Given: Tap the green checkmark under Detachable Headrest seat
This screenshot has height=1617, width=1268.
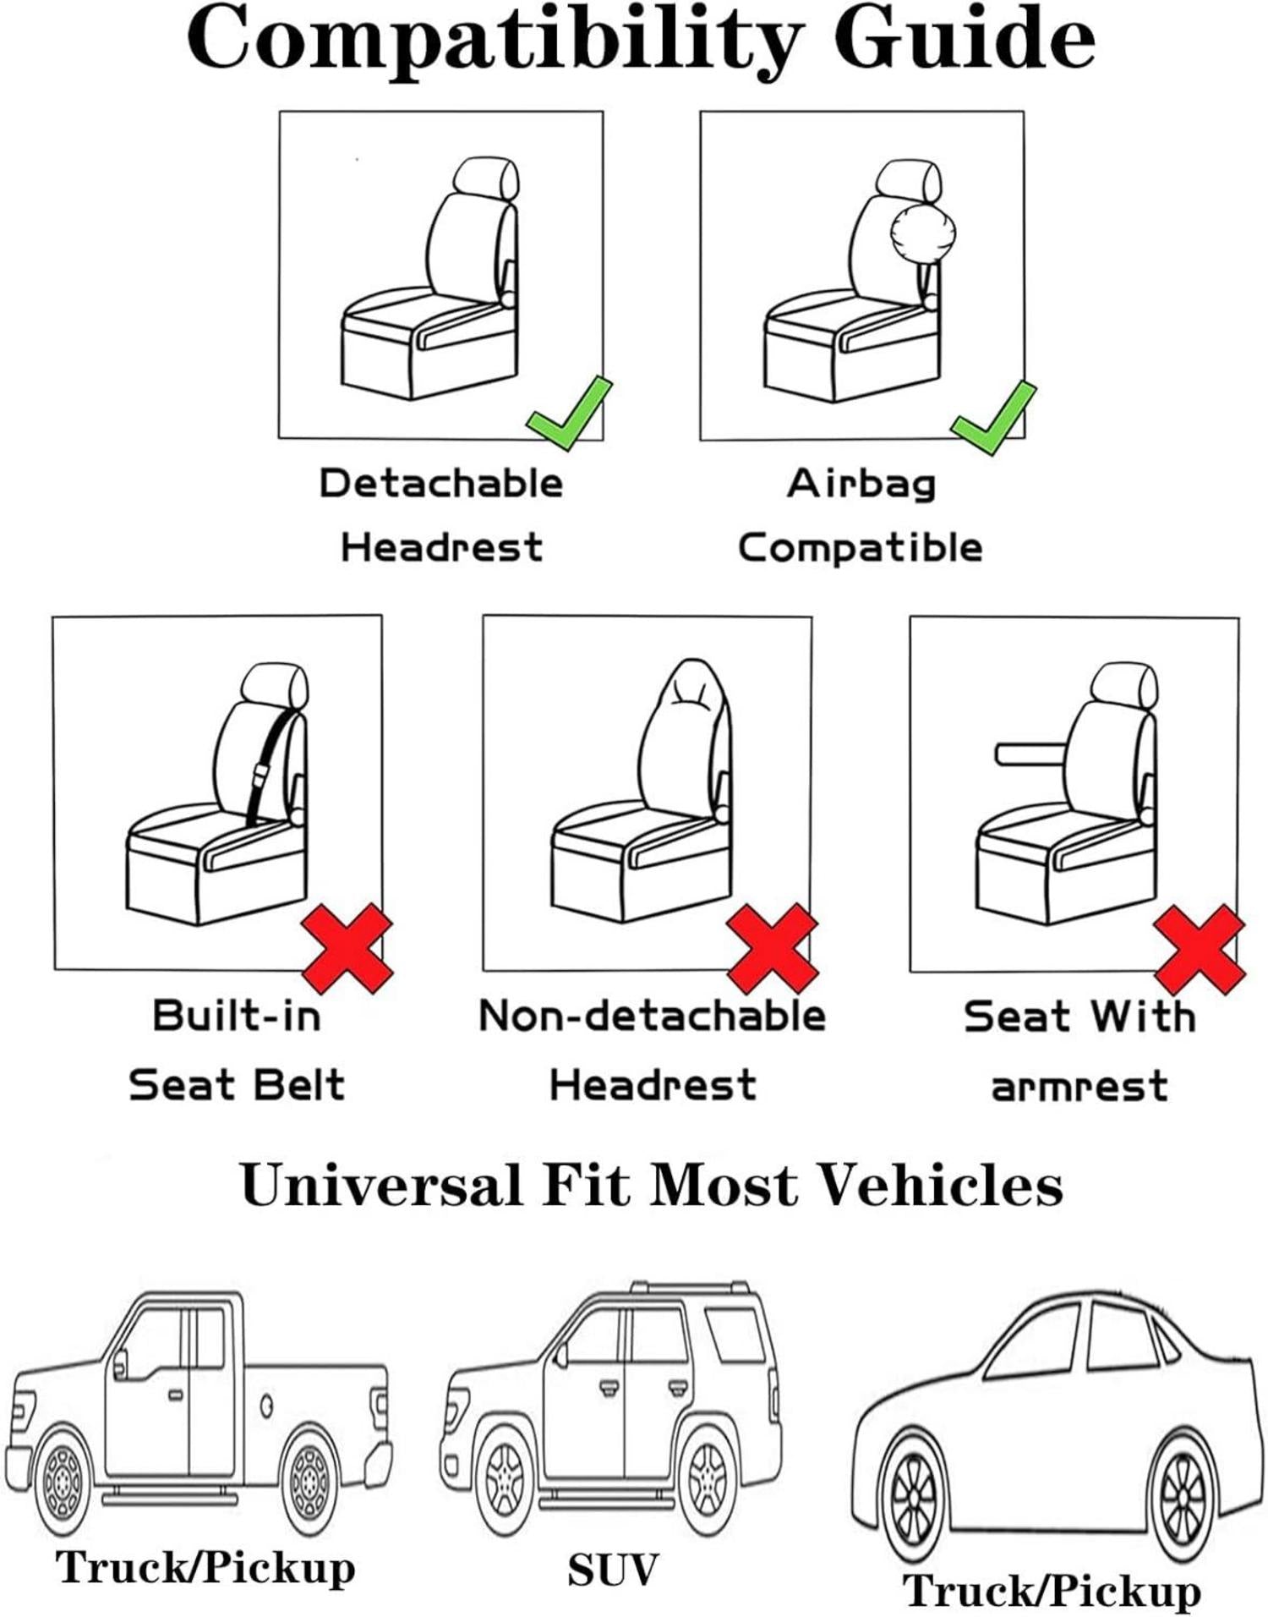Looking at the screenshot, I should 568,414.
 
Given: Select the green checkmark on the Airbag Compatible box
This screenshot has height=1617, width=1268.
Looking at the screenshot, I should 992,417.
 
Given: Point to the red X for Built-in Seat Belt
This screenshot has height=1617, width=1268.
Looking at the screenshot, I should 347,948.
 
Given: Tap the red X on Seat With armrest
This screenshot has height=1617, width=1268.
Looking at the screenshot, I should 1200,949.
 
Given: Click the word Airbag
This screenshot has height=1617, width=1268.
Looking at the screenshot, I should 861,485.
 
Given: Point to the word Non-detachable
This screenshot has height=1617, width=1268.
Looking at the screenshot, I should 652,1016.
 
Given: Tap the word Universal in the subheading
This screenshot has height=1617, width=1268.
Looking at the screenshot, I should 381,1186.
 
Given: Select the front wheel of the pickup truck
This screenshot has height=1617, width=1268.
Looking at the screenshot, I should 62,1482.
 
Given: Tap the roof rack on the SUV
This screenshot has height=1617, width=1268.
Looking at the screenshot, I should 689,1289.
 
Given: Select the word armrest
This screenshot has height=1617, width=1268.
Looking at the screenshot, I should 1079,1087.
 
